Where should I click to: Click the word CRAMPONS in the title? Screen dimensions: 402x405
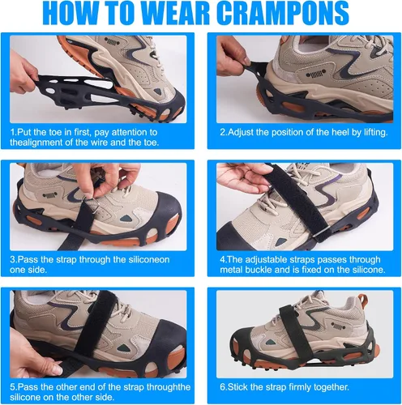(282, 13)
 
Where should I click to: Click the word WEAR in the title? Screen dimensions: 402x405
(175, 13)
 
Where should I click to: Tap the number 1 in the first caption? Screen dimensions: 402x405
(12, 132)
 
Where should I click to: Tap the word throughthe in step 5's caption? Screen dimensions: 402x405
(169, 387)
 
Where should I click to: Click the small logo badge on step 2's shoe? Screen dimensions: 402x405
(315, 74)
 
